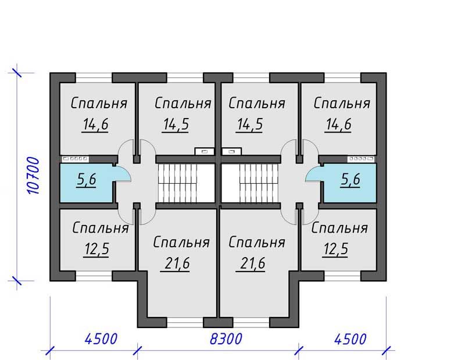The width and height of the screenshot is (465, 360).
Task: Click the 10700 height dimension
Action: (x=33, y=176)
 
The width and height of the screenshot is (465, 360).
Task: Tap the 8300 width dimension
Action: (x=226, y=338)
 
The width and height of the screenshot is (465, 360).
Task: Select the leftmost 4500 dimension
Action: (x=101, y=338)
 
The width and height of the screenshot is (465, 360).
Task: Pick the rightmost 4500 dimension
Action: (x=350, y=338)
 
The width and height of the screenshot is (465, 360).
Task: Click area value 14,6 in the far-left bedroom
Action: (x=95, y=124)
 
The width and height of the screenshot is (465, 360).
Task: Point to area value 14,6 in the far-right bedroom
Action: (x=338, y=124)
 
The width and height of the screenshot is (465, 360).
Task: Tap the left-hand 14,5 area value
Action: (x=176, y=124)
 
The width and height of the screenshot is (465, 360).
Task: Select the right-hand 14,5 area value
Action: (x=249, y=124)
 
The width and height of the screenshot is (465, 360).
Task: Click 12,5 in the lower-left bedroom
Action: (x=96, y=249)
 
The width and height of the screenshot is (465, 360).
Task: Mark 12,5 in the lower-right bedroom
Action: (x=335, y=249)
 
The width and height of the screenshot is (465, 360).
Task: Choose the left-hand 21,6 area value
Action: (x=176, y=263)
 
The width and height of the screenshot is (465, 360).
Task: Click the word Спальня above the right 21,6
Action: (x=257, y=242)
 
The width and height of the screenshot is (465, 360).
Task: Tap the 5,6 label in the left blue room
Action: (x=86, y=179)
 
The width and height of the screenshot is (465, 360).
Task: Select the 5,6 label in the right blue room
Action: (x=350, y=179)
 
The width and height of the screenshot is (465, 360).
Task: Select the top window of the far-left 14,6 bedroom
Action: (x=94, y=78)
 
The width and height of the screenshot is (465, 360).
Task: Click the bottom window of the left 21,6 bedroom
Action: (x=185, y=322)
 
